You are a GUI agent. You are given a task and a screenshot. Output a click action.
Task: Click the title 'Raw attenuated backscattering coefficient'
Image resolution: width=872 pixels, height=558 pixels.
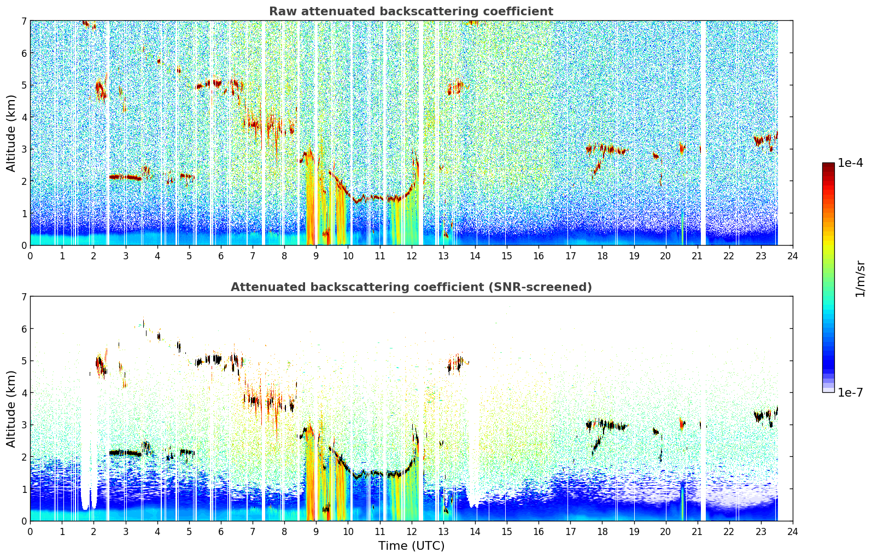point(411,11)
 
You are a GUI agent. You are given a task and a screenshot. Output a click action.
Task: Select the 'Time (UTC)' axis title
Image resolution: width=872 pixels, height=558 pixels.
point(411,546)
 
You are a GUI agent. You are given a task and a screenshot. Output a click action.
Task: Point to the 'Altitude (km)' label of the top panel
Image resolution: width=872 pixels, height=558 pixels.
point(11,133)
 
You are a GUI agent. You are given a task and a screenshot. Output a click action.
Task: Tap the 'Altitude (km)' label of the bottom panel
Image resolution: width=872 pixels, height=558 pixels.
point(11,409)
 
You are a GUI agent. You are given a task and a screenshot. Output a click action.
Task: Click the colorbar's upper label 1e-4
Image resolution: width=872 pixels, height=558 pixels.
point(851,163)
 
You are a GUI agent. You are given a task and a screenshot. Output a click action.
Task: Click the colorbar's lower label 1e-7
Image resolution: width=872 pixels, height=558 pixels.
point(851,392)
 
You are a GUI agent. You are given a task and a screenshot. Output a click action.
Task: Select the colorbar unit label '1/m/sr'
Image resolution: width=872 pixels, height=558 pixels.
point(860,279)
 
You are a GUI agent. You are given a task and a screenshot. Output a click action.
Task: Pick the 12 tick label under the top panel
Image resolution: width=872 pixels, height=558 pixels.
point(412,256)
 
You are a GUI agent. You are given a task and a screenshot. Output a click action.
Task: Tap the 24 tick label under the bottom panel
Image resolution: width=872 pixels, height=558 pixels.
point(793,532)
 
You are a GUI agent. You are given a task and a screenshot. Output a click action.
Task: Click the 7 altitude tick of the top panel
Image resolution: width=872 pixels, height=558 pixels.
point(24,21)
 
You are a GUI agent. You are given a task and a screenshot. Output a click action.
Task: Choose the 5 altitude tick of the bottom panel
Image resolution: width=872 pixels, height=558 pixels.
point(24,361)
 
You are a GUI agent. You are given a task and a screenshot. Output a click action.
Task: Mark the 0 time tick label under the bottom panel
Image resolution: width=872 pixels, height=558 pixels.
point(31,532)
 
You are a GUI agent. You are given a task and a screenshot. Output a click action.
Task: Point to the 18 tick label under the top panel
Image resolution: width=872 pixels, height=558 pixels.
point(602,256)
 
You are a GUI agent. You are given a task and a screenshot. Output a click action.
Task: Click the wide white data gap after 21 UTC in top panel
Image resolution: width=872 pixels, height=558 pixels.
point(703,133)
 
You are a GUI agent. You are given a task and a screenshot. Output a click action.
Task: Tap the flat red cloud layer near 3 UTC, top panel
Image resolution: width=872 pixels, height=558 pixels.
point(125,177)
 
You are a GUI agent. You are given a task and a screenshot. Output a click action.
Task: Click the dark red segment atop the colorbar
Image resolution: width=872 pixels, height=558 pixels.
point(828,165)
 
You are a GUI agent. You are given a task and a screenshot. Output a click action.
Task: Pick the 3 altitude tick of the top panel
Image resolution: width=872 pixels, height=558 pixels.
point(24,149)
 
